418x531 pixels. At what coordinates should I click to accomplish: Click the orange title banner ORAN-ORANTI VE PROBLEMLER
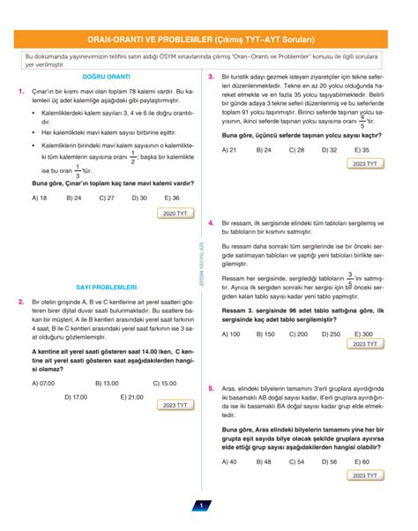pyautogui.click(x=208, y=38)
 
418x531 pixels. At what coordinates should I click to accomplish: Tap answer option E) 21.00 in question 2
pyautogui.click(x=130, y=397)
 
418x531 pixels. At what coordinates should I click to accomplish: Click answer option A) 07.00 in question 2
pyautogui.click(x=42, y=383)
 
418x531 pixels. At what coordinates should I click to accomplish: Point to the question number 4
pyautogui.click(x=212, y=225)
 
